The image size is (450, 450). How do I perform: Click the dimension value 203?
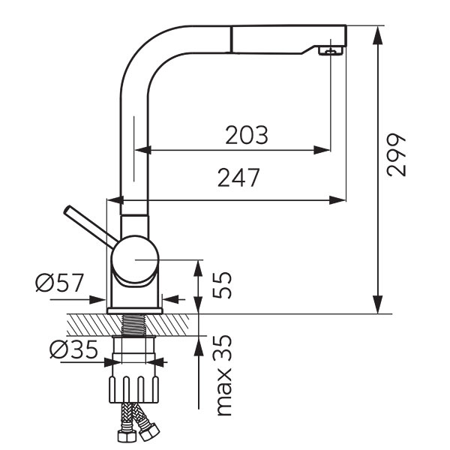[247, 135]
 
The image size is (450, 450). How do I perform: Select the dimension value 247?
[238, 178]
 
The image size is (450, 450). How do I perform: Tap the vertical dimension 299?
[396, 155]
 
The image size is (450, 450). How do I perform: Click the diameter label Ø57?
[59, 283]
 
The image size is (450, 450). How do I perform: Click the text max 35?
[223, 376]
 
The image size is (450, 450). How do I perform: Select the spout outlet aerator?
[328, 51]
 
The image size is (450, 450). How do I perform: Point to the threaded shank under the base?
[135, 324]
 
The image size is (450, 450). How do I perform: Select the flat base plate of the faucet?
[135, 310]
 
